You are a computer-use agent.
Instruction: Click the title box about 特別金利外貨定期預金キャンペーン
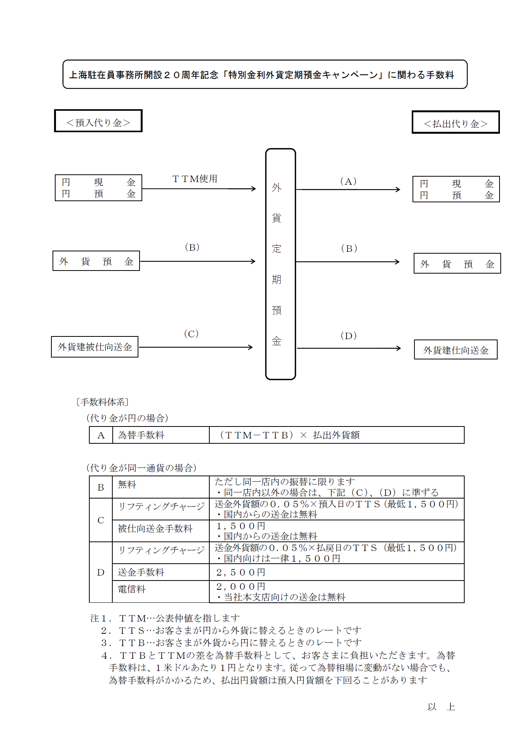coord(265,74)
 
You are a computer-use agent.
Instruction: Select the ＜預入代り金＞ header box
coord(98,121)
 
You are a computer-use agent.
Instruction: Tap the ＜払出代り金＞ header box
coord(455,122)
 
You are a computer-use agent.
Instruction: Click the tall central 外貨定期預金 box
coord(280,264)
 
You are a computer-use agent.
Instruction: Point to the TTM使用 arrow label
coord(195,179)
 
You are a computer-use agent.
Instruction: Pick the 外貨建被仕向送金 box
coord(95,347)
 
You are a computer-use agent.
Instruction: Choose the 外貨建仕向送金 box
coord(455,350)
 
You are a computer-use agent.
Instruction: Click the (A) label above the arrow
coord(348,181)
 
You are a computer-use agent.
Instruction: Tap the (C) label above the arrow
coord(191,334)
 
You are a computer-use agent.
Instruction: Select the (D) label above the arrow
coord(348,336)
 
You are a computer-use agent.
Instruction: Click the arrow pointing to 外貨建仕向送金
coord(348,348)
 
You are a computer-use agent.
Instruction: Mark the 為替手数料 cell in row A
coord(161,435)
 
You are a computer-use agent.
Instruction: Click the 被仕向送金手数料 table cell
coord(161,529)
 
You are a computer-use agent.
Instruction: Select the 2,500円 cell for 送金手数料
coord(336,572)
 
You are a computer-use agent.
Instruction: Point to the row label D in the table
coord(101,572)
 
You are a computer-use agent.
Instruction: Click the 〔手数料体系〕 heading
coord(102,402)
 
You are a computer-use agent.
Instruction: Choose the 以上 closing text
coord(441,707)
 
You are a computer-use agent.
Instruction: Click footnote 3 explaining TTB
coord(231,643)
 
